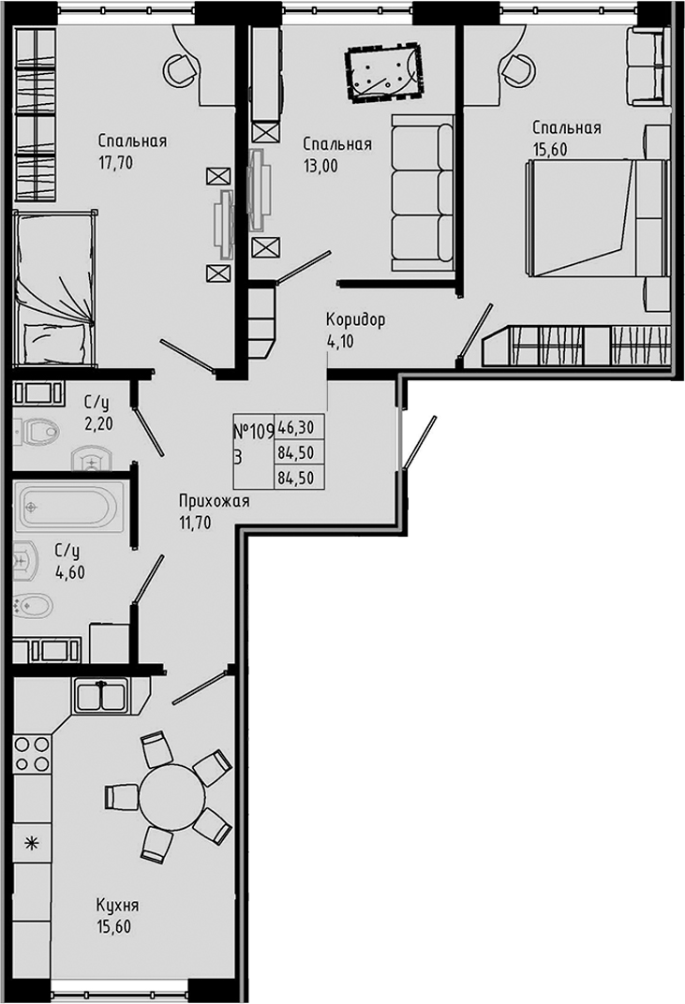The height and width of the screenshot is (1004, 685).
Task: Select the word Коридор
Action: (x=355, y=320)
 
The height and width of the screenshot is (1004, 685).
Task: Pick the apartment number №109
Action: (x=252, y=431)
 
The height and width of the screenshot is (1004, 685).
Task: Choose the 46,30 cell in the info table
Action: (x=295, y=430)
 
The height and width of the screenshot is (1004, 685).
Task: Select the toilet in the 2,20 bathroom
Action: (x=37, y=431)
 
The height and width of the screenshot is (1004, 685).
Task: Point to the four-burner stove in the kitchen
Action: (x=32, y=754)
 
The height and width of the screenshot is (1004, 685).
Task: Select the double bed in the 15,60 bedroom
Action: (x=586, y=218)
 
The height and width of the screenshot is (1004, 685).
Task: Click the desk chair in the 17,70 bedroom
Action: (x=177, y=68)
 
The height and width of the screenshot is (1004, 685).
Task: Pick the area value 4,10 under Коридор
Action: (x=342, y=339)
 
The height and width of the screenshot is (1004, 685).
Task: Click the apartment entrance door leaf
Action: (x=418, y=443)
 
